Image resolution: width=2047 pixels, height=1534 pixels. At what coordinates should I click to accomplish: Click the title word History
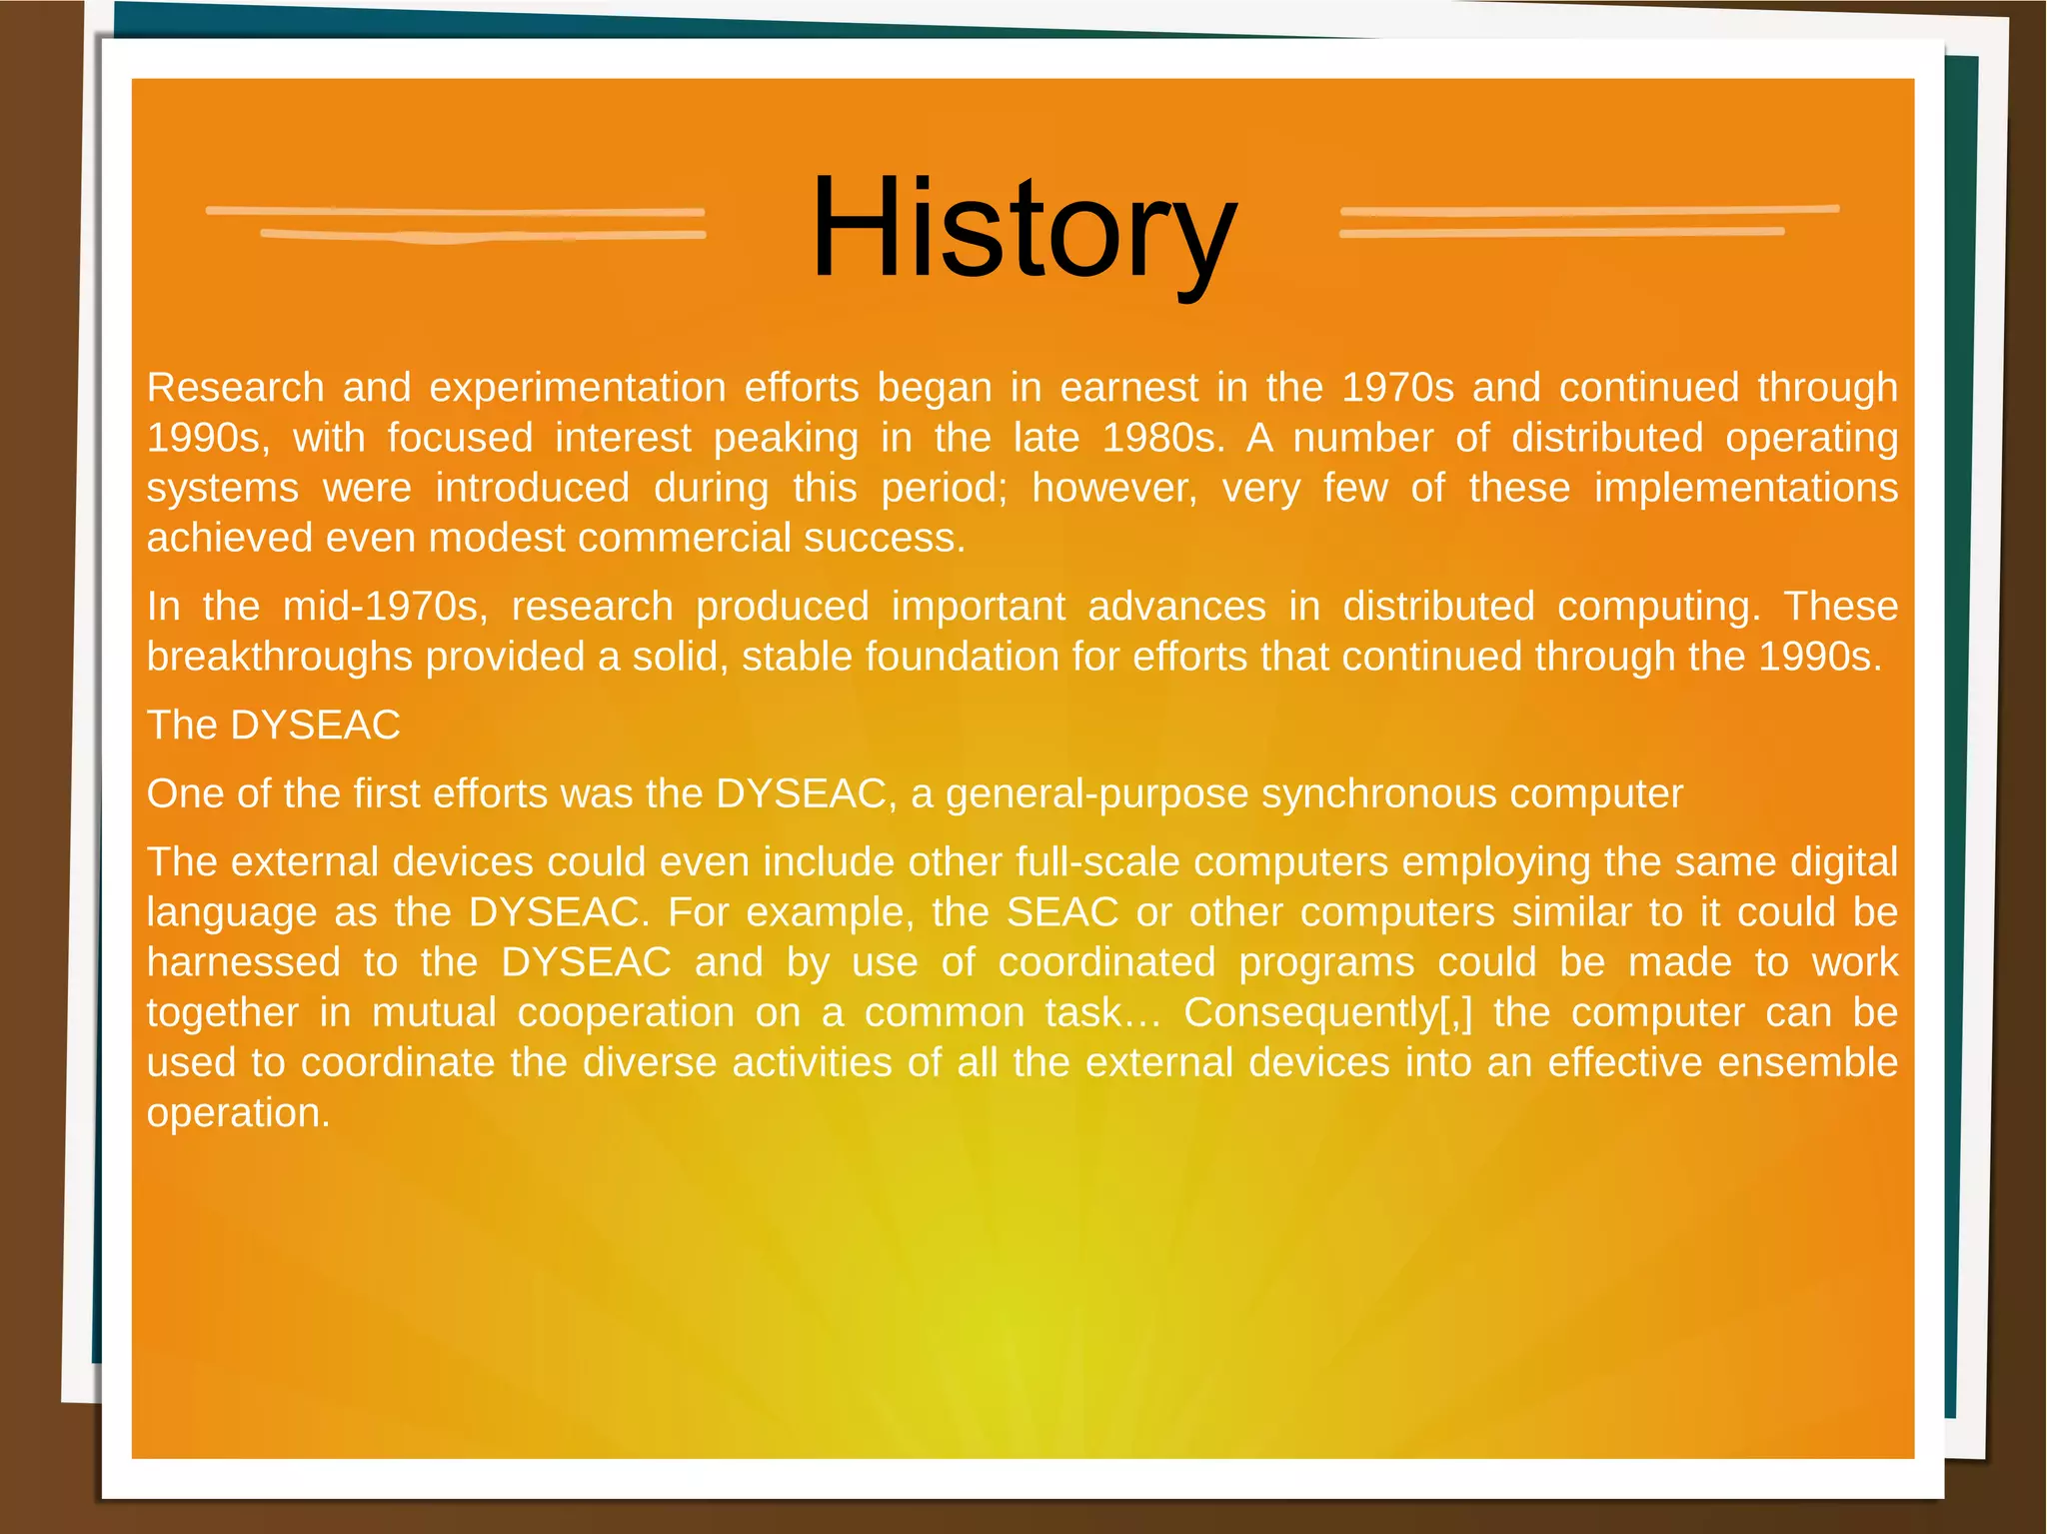click(x=1023, y=228)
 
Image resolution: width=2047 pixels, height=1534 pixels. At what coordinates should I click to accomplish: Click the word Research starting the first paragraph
click(x=236, y=388)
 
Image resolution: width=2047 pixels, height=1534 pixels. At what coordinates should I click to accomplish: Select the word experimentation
click(x=576, y=388)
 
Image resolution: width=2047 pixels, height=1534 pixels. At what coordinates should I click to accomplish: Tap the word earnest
click(x=1128, y=388)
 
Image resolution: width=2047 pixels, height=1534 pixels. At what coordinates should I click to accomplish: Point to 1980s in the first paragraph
click(x=1163, y=438)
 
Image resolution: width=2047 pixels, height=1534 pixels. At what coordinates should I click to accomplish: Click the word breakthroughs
click(x=280, y=657)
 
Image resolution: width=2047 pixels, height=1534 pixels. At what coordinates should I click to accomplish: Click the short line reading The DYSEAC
click(x=273, y=725)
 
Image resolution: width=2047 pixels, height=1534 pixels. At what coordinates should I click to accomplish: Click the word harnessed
click(x=244, y=961)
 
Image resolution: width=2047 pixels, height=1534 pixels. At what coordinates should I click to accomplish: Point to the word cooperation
click(x=626, y=1012)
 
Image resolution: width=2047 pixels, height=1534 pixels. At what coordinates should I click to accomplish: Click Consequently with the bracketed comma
click(x=1327, y=1012)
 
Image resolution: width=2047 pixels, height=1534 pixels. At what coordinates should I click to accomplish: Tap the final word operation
click(x=238, y=1112)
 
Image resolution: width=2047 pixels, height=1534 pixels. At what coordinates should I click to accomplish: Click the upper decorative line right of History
click(x=1589, y=210)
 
